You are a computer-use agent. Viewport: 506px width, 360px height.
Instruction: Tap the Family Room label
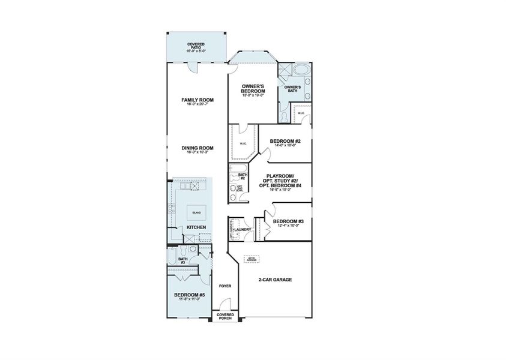tap(197, 102)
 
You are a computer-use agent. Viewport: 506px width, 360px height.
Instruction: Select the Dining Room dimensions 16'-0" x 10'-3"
tap(197, 152)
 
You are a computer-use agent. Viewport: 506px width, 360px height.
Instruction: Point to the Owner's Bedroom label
tap(253, 89)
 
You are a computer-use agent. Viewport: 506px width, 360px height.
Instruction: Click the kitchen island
tap(196, 212)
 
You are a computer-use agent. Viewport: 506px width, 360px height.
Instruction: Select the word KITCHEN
tap(196, 227)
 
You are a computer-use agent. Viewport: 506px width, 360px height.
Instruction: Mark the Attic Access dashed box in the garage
tap(251, 259)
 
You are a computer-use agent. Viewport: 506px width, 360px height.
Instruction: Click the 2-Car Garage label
tap(275, 280)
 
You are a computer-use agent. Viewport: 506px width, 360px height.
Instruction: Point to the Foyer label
tap(224, 286)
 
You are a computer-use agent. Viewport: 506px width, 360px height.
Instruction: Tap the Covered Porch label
tap(225, 316)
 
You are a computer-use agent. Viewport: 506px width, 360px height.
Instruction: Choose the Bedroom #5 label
tap(190, 295)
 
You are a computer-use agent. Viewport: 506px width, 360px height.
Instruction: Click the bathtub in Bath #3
tap(173, 259)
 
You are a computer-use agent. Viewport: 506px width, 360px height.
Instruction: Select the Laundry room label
tap(242, 229)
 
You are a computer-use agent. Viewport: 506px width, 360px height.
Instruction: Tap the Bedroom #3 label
tap(288, 222)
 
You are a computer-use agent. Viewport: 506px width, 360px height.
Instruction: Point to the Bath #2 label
tap(242, 176)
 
